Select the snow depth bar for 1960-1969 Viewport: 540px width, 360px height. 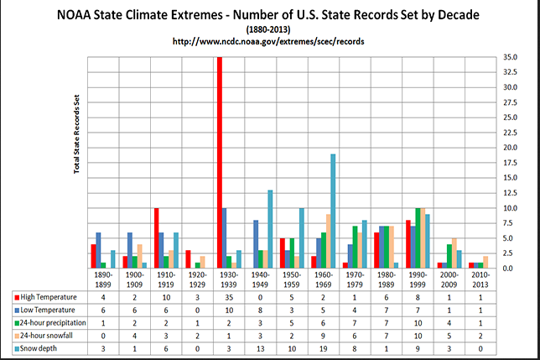[x=333, y=211]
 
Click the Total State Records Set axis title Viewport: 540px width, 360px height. [x=76, y=134]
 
